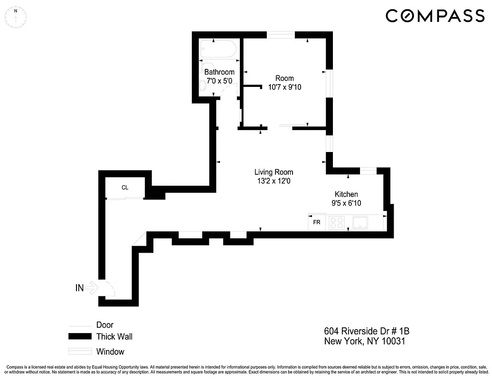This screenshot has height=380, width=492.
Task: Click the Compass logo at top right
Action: click(435, 16)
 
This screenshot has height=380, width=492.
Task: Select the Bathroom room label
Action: click(219, 72)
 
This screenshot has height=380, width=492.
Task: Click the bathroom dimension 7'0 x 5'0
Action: click(219, 81)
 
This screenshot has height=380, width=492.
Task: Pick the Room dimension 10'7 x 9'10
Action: click(284, 87)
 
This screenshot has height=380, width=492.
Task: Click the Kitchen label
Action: click(346, 194)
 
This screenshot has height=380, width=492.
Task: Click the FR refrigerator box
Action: click(316, 222)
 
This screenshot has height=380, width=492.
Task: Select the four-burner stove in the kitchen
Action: click(336, 222)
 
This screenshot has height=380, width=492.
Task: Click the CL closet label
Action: click(125, 188)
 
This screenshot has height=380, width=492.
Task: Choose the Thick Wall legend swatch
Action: click(79, 337)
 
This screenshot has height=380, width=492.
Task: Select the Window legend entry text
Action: click(110, 352)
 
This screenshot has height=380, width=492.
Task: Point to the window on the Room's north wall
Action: click(281, 35)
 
